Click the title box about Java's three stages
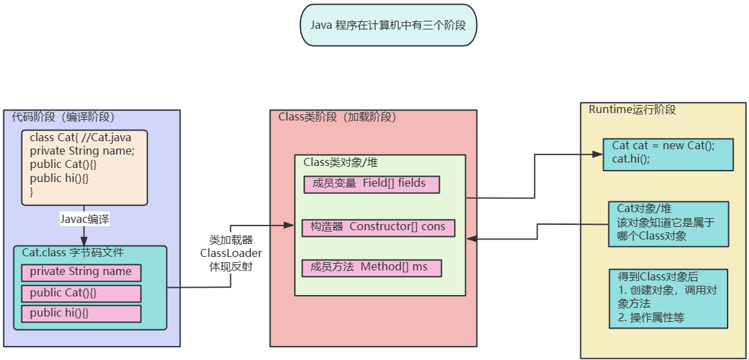point(388,25)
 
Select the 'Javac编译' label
point(84,219)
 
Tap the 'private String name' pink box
point(81,272)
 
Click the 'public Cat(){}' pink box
point(81,293)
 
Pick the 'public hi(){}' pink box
point(81,313)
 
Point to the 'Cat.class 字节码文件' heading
point(73,253)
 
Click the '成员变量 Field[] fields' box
point(371,183)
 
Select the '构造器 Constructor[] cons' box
point(378,227)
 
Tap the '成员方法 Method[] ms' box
point(371,267)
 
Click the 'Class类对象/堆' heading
point(341,162)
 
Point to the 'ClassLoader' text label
point(231,253)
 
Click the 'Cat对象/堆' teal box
point(667,223)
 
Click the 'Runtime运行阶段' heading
point(632,110)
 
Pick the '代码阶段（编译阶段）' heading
point(63,116)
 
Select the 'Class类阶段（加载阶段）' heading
point(337,117)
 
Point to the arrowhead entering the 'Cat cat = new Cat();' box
point(600,155)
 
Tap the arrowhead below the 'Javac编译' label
point(84,241)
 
